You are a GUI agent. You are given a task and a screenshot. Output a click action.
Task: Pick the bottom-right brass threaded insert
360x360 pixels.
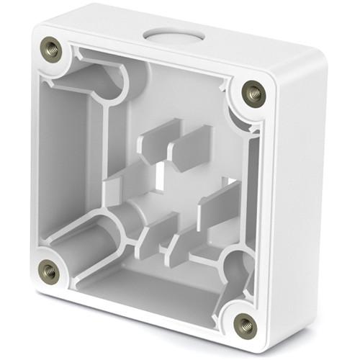coord(246,324)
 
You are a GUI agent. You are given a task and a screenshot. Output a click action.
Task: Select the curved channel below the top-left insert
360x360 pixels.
coord(108,79)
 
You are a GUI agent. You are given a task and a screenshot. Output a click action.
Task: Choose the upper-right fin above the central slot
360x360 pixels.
coord(191,148)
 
